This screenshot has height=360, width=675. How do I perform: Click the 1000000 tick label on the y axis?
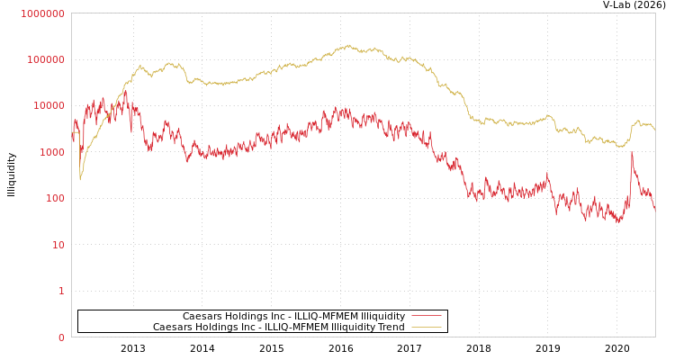click(42, 13)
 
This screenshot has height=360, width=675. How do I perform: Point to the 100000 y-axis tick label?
click(45, 59)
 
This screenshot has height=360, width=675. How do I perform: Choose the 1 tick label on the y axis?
click(61, 291)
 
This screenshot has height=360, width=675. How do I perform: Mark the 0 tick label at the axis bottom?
click(61, 337)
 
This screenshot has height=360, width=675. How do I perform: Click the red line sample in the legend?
click(427, 316)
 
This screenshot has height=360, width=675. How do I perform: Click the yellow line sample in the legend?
click(427, 327)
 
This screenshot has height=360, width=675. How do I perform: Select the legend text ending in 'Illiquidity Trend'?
click(278, 327)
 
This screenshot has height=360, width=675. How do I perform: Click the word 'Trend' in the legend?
click(390, 327)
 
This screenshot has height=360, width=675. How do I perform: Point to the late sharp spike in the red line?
click(632, 153)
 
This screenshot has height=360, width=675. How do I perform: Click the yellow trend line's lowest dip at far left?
click(79, 180)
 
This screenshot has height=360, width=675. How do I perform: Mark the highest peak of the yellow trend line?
click(349, 45)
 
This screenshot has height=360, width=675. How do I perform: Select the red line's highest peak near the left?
click(126, 89)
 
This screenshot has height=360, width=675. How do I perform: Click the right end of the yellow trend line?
click(654, 131)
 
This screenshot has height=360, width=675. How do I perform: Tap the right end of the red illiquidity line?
click(654, 210)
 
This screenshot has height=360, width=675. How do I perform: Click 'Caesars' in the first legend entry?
click(202, 316)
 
